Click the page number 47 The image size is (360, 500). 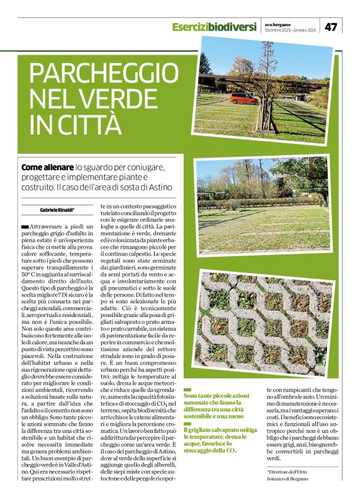click(331, 26)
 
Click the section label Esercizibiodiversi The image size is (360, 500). click(214, 27)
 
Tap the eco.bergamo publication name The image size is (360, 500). click(279, 23)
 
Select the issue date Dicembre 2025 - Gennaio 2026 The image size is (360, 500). click(290, 30)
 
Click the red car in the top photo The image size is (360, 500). click(243, 99)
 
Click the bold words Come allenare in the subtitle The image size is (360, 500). click(47, 167)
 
